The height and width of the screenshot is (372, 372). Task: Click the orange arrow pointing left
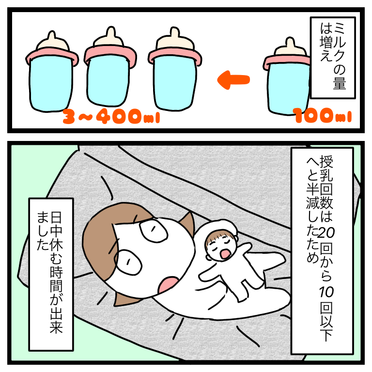[x=233, y=80]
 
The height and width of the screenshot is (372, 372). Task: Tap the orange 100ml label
[x=322, y=115]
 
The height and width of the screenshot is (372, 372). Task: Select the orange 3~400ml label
[x=111, y=116]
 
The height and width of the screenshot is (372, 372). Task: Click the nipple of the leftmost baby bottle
[x=53, y=41]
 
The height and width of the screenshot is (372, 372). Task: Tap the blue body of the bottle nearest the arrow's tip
[x=175, y=83]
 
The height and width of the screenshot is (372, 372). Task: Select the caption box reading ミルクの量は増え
[x=333, y=58]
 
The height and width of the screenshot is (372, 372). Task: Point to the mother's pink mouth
[x=168, y=285]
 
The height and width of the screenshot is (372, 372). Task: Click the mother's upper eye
[x=154, y=230]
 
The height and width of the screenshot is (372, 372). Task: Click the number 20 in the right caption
[x=326, y=233]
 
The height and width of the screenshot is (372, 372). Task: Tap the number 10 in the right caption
[x=326, y=292]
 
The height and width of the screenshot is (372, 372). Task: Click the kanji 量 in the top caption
[x=340, y=82]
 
